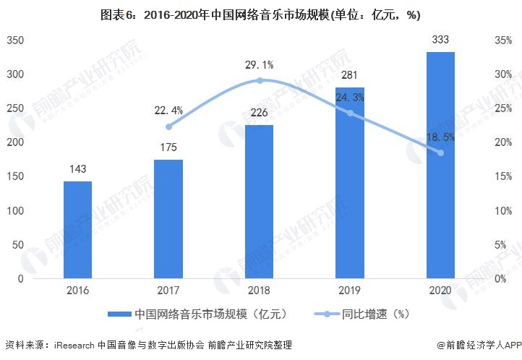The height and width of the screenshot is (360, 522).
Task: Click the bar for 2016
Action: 77,230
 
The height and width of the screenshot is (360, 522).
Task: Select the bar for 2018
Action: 260,202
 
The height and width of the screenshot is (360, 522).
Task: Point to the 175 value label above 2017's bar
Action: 168,147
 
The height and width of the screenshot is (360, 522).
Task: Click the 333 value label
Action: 440,40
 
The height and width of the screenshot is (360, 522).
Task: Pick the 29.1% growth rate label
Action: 260,65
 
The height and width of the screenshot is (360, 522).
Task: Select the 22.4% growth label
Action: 168,110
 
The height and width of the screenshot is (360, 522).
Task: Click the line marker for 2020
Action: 440,153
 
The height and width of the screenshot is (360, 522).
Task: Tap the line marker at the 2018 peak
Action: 260,80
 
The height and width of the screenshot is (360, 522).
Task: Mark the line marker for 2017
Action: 168,127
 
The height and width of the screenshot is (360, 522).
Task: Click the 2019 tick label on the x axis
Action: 350,289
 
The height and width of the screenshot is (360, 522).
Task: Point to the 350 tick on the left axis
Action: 15,40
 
